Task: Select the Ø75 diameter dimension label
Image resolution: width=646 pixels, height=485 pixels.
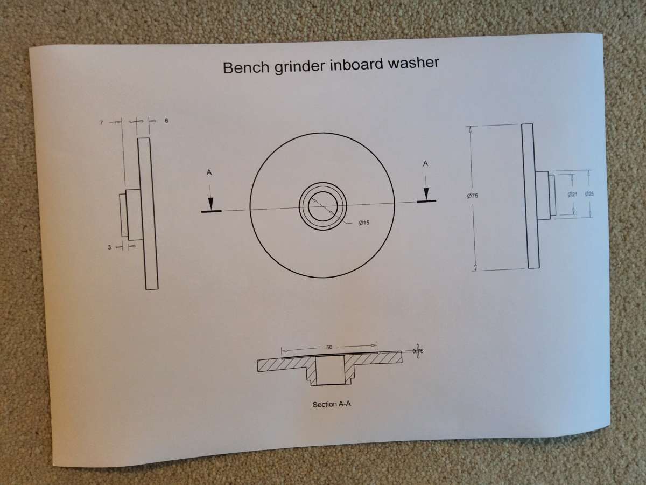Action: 472,196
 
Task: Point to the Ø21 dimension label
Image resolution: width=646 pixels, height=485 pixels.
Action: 572,194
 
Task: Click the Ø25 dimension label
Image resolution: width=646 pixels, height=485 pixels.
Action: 589,193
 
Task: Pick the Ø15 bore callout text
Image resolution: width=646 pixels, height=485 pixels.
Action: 364,223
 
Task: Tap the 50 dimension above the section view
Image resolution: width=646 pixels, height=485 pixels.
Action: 329,347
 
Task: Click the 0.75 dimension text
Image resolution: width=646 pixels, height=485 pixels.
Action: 418,351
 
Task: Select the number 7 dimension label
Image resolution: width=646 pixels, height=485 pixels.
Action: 102,122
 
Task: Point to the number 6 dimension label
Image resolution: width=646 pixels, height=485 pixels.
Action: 166,120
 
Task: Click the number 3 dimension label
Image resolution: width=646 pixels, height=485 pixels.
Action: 109,247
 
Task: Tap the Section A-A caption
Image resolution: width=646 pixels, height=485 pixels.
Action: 332,404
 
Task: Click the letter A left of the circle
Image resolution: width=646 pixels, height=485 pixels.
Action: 209,172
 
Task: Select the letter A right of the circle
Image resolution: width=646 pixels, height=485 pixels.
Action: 425,163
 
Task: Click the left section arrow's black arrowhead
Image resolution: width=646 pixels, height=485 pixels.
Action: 210,204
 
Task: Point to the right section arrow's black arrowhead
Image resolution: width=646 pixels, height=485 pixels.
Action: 426,193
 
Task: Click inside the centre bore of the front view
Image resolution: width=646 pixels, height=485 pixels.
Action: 323,206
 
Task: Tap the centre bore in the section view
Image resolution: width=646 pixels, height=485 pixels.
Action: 330,370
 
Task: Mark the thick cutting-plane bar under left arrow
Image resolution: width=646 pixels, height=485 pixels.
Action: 212,211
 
